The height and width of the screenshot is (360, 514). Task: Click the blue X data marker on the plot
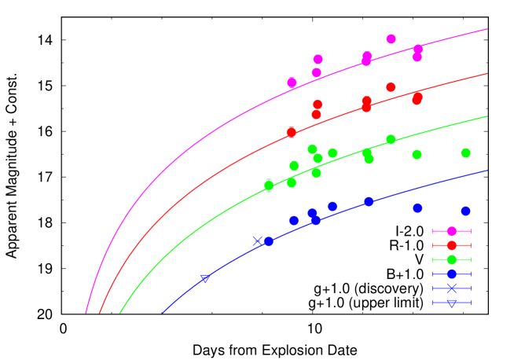(x=257, y=241)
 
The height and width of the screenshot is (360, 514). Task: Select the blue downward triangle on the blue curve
(x=205, y=278)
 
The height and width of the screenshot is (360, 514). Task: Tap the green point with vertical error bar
(x=269, y=186)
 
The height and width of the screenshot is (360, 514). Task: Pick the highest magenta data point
(x=391, y=39)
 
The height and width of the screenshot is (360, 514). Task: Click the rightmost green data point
(x=465, y=153)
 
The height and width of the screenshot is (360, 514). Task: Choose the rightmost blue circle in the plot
(x=465, y=211)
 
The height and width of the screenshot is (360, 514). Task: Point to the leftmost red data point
(x=291, y=132)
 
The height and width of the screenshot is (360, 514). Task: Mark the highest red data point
(x=391, y=87)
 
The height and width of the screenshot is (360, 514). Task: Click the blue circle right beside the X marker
(x=268, y=242)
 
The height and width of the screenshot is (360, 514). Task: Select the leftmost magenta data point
(x=292, y=83)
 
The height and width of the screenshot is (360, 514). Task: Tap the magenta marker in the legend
(x=451, y=231)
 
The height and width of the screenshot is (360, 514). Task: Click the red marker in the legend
(x=451, y=245)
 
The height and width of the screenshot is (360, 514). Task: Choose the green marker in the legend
(x=451, y=259)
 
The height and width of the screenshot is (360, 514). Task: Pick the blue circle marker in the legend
(x=451, y=274)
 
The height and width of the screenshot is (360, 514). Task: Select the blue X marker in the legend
(x=451, y=288)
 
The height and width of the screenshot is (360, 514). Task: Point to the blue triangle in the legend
(x=451, y=303)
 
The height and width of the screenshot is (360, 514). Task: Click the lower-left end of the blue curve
(x=163, y=314)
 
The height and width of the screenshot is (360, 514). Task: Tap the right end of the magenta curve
(x=486, y=30)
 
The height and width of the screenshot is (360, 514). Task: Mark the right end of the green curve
(x=486, y=116)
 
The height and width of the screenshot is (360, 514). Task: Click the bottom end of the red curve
(x=101, y=314)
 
